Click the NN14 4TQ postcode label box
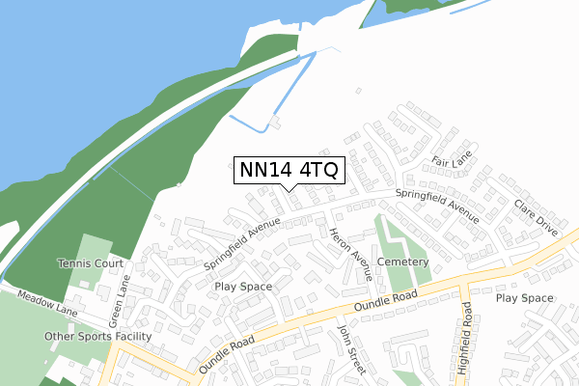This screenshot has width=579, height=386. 289,171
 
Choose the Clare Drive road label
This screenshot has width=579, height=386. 537,219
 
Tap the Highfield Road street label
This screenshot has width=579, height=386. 467,326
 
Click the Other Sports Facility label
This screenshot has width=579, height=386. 97,336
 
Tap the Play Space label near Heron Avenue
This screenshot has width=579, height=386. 242,287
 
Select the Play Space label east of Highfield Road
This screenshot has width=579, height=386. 525,298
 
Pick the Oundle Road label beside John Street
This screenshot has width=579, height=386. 228,353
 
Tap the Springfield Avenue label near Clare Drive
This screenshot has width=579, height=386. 436,205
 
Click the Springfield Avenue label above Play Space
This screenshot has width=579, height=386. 241,242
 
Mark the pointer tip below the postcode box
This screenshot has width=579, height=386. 289,190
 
